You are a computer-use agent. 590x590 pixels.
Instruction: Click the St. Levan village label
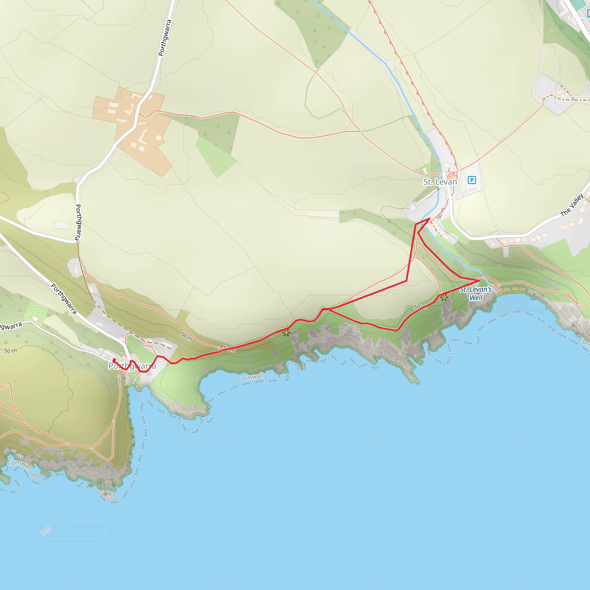tap(440, 182)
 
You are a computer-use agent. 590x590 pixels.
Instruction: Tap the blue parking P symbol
tap(472, 180)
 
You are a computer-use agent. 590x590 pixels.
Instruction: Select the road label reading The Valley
tap(572, 205)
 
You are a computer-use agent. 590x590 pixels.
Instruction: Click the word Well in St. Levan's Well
tap(476, 298)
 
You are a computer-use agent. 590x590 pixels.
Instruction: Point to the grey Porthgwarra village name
tap(132, 366)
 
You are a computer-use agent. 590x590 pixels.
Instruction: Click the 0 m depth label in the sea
tap(46, 531)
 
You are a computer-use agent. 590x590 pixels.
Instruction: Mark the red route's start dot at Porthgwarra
tap(114, 360)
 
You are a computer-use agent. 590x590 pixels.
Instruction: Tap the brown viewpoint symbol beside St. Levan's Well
tap(444, 297)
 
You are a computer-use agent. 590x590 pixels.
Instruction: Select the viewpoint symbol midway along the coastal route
tap(286, 333)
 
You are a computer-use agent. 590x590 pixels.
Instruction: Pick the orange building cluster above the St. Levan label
tap(452, 176)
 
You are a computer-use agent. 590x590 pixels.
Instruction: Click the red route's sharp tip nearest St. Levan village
tap(430, 218)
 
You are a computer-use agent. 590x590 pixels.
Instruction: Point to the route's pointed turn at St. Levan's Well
tap(479, 280)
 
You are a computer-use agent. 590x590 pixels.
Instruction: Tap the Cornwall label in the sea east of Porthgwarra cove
tap(251, 377)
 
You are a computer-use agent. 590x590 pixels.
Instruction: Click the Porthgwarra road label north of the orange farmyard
tap(165, 37)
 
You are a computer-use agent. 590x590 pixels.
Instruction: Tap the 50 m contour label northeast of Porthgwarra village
tap(186, 336)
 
